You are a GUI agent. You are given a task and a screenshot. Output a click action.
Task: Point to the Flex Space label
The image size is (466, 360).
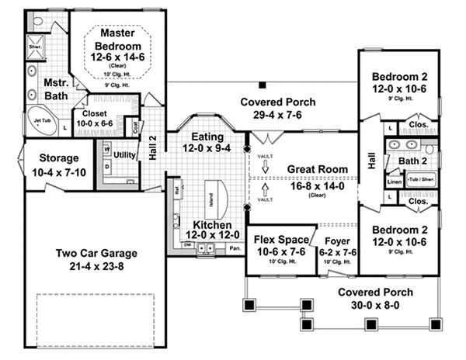281,240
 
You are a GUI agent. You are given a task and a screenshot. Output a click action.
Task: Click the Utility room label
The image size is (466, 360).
124,155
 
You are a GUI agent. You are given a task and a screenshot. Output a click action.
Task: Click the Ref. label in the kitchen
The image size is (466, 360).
177,188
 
